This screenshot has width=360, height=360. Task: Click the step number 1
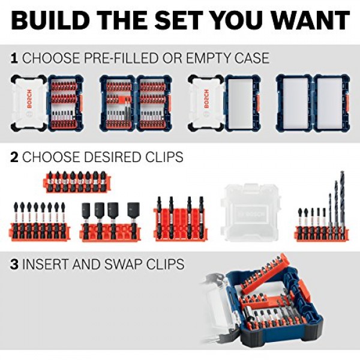13,58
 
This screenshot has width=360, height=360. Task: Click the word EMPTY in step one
202,58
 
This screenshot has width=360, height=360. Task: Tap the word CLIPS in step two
162,157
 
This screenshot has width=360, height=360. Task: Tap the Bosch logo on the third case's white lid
206,100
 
